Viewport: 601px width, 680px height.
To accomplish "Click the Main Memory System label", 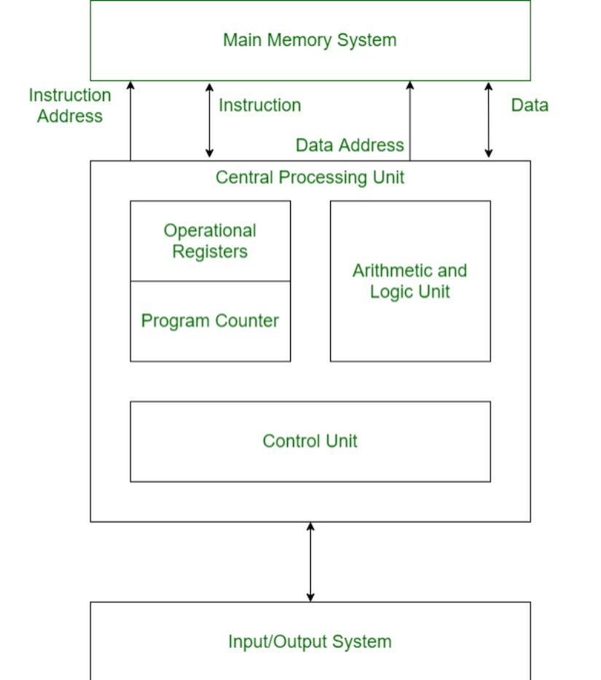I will click(x=310, y=39).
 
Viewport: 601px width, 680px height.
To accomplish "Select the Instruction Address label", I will click(x=70, y=106).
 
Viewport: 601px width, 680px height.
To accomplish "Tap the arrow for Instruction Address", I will click(x=130, y=120).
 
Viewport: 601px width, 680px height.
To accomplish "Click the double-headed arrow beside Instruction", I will click(x=209, y=120).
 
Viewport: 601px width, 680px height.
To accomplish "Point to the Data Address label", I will click(x=350, y=145).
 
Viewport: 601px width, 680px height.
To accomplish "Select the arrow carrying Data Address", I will click(x=409, y=120).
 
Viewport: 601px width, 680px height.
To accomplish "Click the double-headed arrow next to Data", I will click(x=488, y=120).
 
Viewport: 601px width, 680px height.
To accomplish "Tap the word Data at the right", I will click(x=530, y=105).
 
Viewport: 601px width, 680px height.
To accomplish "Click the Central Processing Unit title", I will click(x=310, y=177).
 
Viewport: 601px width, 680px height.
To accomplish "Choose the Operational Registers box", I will click(x=210, y=241).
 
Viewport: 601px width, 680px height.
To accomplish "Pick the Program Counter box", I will click(x=210, y=321).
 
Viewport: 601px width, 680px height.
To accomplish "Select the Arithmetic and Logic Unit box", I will click(x=410, y=281).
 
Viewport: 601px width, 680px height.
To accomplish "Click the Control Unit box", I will click(x=310, y=441).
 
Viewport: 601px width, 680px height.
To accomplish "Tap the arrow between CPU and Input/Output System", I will click(x=310, y=561).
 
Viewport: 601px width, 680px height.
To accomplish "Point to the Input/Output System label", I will click(x=310, y=642).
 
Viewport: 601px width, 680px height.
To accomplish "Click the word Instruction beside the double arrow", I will click(x=259, y=105).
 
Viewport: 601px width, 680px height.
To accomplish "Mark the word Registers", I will click(x=210, y=252).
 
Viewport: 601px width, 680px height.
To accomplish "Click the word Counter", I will click(x=245, y=321).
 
